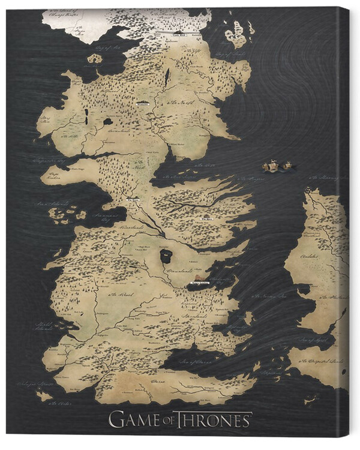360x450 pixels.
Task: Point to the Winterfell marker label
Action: [142, 103]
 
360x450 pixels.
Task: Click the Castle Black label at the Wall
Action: [180, 35]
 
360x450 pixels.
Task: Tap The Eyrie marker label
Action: [208, 220]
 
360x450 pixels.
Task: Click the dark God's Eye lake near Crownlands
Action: [165, 256]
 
